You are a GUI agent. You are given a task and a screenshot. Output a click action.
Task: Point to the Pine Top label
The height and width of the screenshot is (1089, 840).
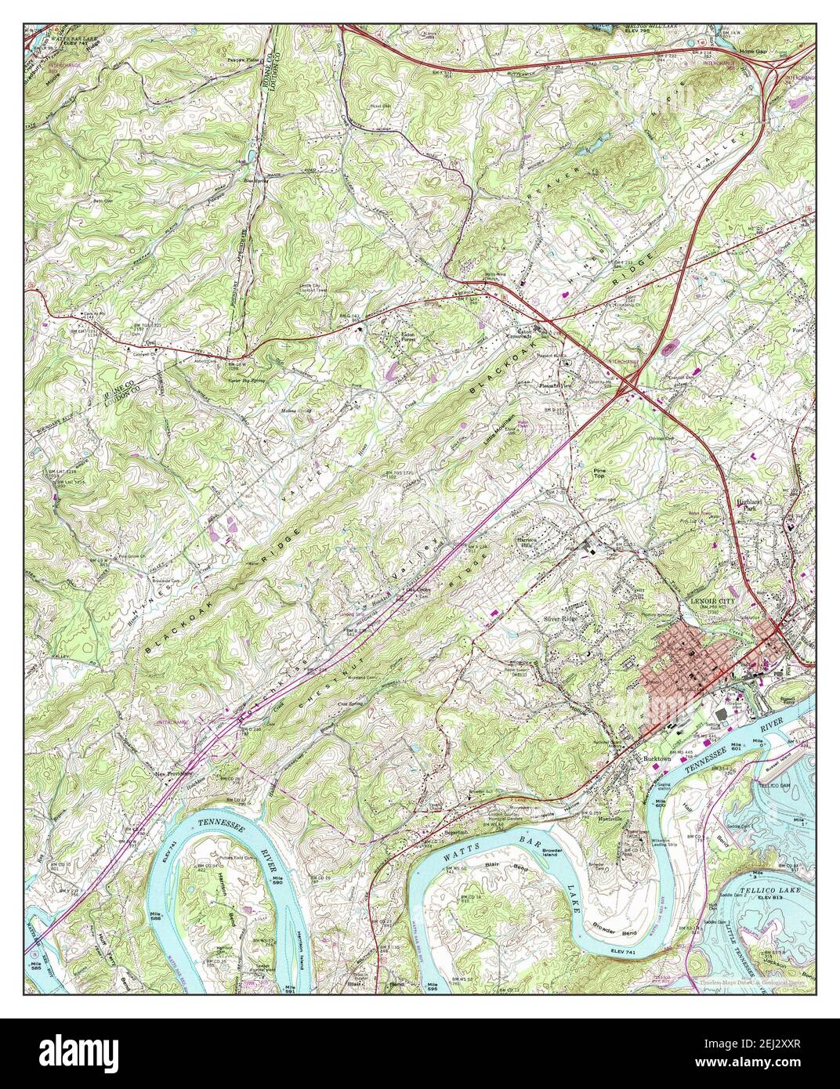pos(601,470)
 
